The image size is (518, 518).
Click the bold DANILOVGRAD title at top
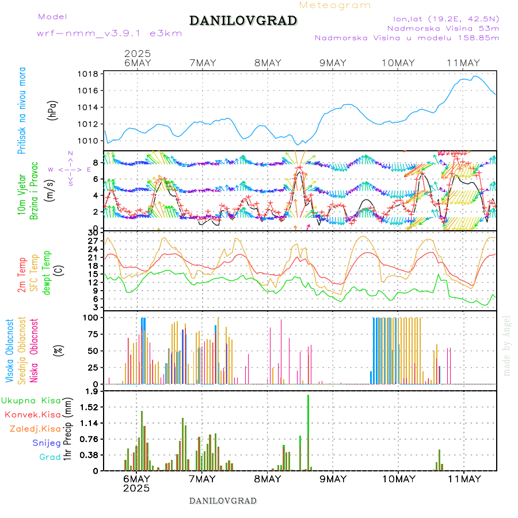(x=243, y=21)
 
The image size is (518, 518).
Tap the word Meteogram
(x=335, y=5)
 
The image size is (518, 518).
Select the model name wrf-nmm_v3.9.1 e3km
(x=109, y=33)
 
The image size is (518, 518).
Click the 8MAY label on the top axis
(x=267, y=63)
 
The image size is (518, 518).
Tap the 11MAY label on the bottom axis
(x=463, y=479)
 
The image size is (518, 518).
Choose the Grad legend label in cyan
(x=49, y=457)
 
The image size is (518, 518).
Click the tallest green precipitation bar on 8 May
(x=308, y=432)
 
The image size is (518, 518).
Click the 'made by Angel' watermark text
(x=507, y=345)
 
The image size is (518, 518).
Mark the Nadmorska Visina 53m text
(x=443, y=28)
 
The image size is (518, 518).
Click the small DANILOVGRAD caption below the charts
(x=223, y=501)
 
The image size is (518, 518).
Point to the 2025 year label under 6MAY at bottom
(x=136, y=488)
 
